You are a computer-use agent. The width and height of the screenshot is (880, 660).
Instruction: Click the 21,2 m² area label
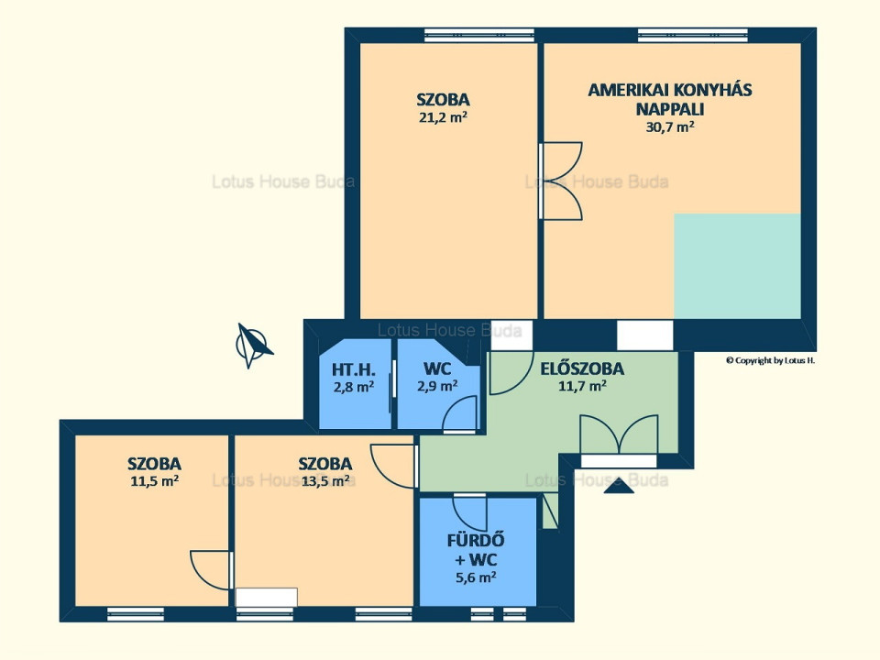444,117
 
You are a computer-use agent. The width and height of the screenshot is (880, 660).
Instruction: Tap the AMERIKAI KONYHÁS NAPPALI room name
670,99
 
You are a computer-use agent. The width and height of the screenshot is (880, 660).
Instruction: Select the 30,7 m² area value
670,126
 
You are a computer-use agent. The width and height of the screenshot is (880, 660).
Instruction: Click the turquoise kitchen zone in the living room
737,266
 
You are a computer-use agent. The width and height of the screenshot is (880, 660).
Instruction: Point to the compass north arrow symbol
253,346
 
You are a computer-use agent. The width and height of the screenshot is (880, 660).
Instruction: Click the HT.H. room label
354,369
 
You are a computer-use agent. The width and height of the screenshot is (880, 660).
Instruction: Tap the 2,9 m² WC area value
437,386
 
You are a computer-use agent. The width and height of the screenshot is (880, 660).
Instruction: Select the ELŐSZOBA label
582,368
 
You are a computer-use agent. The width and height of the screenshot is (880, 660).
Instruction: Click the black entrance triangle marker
619,486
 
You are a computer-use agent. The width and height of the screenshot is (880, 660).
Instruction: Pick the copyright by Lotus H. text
770,360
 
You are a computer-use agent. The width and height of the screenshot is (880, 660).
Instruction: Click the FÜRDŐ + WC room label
476,549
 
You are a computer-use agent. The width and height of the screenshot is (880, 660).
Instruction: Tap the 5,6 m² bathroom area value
476,577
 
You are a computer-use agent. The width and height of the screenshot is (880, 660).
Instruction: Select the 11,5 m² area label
154,481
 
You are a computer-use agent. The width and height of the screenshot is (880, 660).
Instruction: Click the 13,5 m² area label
325,481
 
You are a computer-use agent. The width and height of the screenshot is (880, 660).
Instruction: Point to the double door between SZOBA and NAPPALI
559,181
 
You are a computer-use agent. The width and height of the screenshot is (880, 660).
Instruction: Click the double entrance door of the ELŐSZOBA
619,434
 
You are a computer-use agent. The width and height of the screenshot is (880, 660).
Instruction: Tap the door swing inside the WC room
459,413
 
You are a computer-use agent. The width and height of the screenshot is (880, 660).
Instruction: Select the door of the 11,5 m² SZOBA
211,570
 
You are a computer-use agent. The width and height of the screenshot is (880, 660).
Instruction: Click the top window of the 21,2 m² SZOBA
479,35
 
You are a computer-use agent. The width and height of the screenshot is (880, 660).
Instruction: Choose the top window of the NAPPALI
693,35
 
